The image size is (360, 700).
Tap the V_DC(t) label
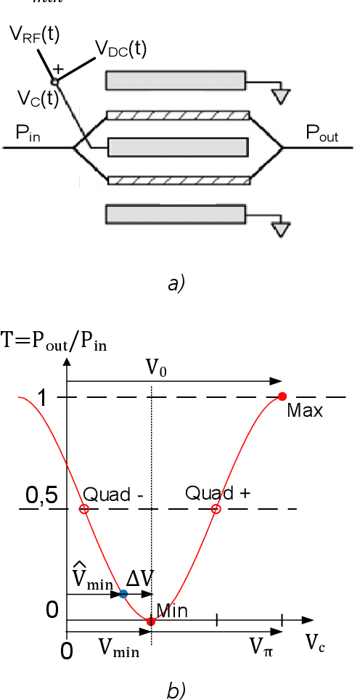121,49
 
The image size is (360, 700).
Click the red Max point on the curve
282,396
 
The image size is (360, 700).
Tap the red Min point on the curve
151,621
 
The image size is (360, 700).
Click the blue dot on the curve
123,594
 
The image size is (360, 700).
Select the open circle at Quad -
84,509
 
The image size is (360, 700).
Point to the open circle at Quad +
216,509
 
